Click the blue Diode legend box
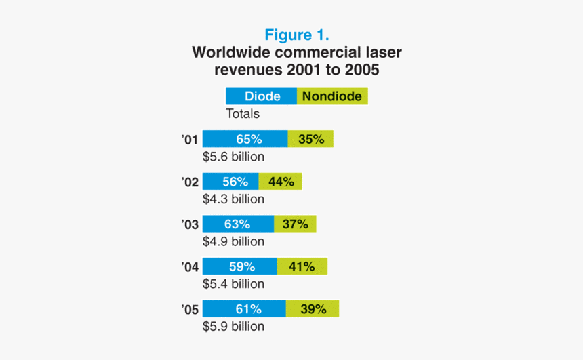click(261, 96)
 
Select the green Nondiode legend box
click(332, 96)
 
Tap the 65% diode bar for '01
click(245, 139)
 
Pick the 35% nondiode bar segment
click(310, 139)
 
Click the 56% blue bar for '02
click(230, 181)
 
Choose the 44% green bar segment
click(280, 181)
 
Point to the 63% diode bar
click(238, 224)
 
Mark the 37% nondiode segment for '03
click(295, 224)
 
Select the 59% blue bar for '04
click(239, 266)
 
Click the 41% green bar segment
click(302, 266)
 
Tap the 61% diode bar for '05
click(244, 309)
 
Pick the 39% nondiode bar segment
click(312, 309)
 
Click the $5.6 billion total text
click(233, 157)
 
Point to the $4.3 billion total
click(233, 199)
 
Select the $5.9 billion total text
click(233, 327)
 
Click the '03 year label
click(190, 224)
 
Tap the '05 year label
click(190, 310)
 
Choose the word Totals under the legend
click(243, 114)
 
